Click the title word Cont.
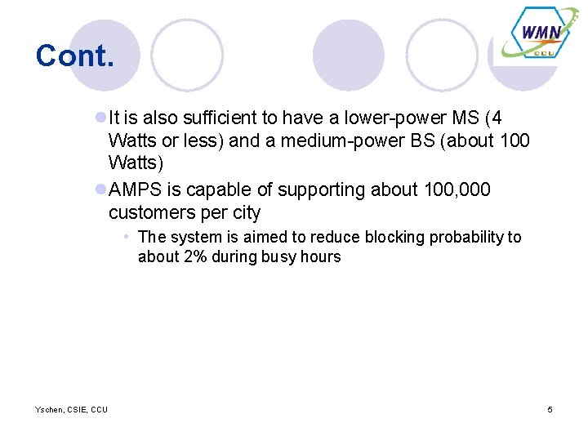point(74,56)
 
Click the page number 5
point(550,409)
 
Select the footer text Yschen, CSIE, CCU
point(71,409)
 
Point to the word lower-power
point(372,118)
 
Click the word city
point(244,212)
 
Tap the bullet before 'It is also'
point(100,118)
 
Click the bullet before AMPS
point(100,189)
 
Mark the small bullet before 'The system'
point(127,237)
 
